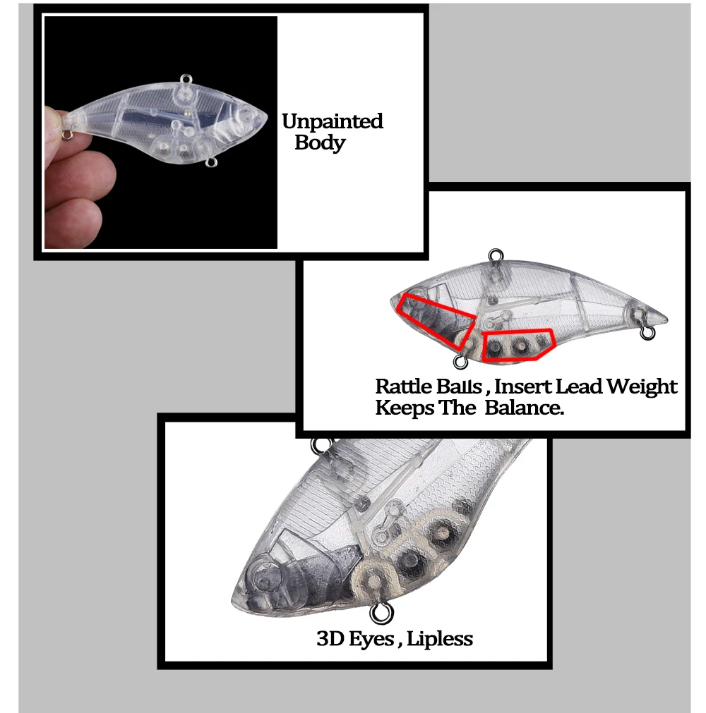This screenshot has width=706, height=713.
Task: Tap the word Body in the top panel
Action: [320, 142]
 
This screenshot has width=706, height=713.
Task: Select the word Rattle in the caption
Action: [404, 386]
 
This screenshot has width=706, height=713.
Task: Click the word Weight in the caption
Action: [642, 387]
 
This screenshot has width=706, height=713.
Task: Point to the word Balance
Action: [524, 408]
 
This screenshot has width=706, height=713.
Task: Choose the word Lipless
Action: [440, 640]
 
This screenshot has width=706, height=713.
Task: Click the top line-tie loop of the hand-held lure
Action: [186, 79]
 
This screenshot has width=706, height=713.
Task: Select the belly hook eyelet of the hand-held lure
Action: [211, 162]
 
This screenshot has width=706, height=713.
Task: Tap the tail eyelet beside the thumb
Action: [68, 135]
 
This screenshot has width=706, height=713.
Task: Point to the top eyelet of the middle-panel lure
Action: [495, 255]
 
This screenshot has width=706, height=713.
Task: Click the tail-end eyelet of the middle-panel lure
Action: [647, 333]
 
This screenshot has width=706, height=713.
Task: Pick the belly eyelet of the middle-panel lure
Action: [460, 362]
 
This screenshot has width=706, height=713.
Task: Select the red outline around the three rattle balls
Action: [482, 346]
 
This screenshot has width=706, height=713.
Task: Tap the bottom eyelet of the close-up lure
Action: [381, 613]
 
